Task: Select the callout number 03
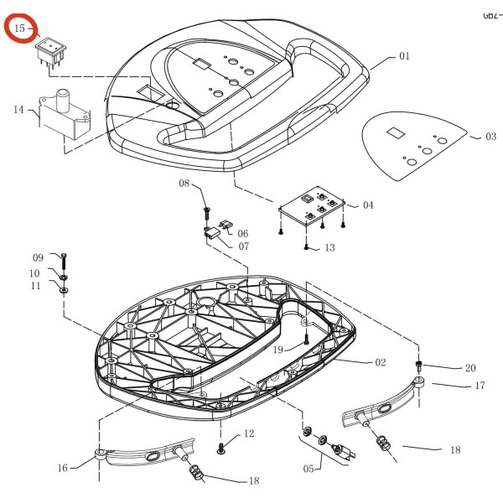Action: pos(490,136)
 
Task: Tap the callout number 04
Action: pos(368,205)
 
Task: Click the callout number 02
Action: pos(380,362)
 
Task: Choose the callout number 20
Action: pos(469,367)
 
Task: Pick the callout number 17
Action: pos(480,386)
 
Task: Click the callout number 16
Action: pos(62,468)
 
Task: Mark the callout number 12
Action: pos(248,433)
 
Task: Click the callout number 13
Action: pos(329,247)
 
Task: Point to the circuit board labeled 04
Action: pos(311,208)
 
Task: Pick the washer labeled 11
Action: pos(65,291)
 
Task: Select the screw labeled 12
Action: pos(221,447)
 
